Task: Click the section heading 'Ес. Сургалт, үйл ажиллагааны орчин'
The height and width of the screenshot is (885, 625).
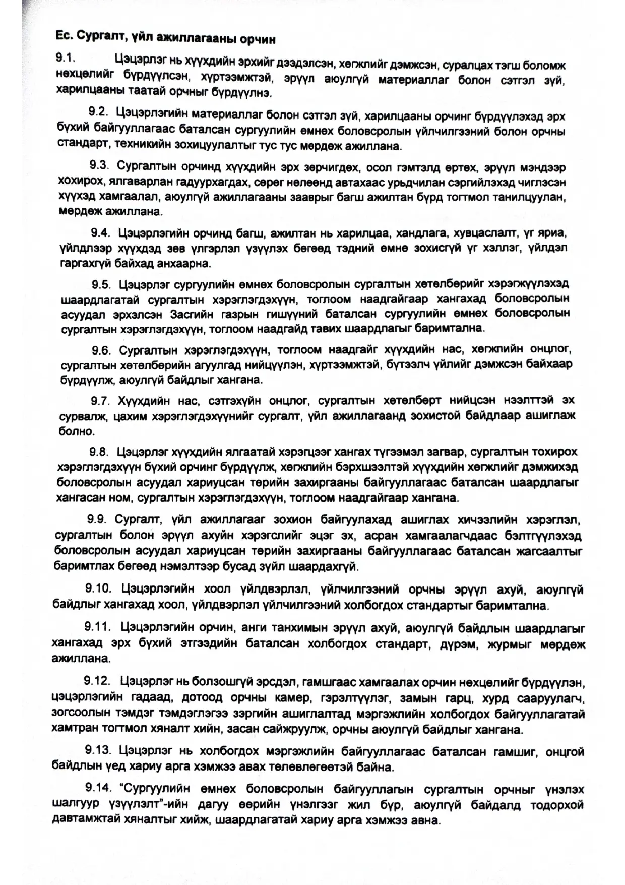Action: tap(164, 38)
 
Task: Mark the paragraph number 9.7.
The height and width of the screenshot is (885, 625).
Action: tap(100, 401)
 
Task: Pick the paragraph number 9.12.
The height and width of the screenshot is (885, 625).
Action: tap(97, 681)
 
